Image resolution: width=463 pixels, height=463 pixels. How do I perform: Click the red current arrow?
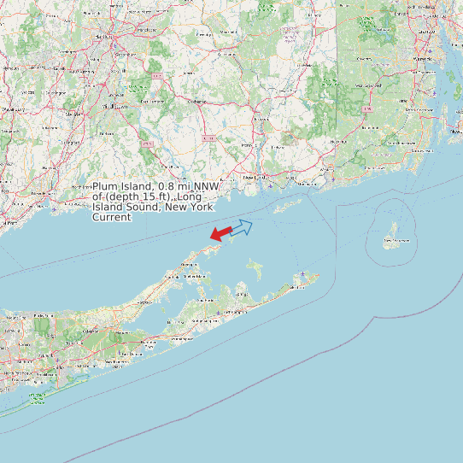220,233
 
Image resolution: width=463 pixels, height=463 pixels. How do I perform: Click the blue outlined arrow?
242,227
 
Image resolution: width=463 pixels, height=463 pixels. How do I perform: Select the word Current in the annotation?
112,217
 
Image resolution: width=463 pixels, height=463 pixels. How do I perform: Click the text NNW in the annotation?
206,186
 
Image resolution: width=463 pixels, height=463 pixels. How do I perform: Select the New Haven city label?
83,185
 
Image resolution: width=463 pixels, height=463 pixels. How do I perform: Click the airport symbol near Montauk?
303,275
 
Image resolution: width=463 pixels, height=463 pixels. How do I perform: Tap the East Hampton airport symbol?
219,312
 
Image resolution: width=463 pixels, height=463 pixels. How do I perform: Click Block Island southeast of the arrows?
393,231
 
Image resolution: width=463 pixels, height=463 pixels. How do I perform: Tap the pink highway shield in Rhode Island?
366,110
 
